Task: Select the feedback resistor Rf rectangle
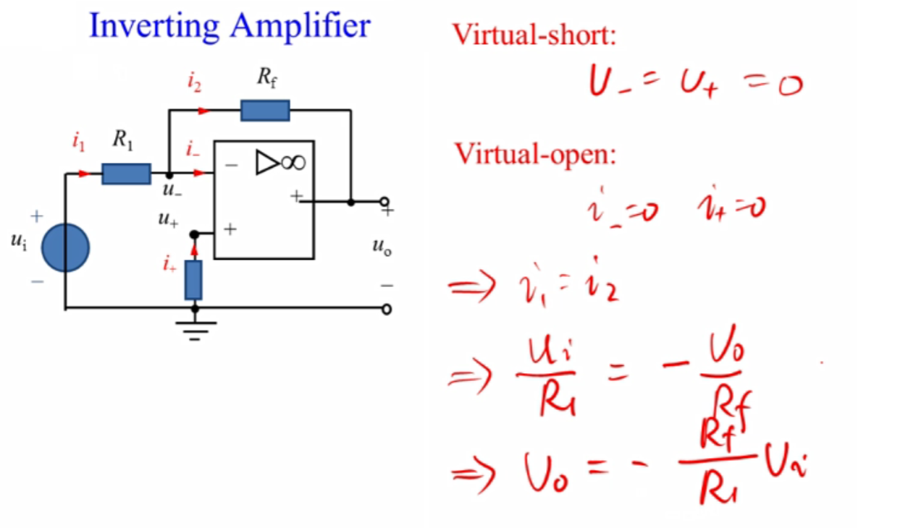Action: (x=265, y=111)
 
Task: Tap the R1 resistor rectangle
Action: (x=126, y=174)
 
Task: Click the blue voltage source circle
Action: (x=65, y=247)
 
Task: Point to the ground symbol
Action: (x=194, y=329)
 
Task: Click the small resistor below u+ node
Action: (x=193, y=280)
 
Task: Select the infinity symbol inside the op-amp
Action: (x=293, y=163)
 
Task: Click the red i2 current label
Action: (x=194, y=83)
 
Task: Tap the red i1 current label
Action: (x=78, y=142)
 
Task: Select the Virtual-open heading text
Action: (x=534, y=153)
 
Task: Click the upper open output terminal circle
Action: (x=385, y=202)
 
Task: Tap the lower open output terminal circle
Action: (x=387, y=310)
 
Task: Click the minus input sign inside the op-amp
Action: (x=231, y=166)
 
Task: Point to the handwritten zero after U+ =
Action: (x=789, y=87)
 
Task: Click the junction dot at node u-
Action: (x=169, y=174)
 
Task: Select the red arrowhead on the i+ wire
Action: (x=194, y=250)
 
